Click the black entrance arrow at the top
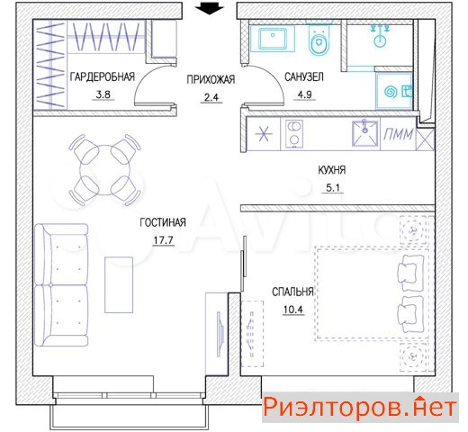coord(209,8)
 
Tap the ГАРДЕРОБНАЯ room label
coord(103,76)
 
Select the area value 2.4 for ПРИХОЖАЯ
coord(211,97)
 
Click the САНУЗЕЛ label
coord(304,77)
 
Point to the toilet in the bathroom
coord(319,40)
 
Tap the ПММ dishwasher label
coord(399,134)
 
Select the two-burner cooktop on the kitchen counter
coord(293,134)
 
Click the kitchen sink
coord(364,133)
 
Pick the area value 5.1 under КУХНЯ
coord(332,188)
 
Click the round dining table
coord(105,170)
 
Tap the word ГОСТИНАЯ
coord(163,222)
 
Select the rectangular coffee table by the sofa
coord(119,284)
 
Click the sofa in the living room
coord(61,284)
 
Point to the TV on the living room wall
coord(220,334)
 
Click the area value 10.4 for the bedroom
coord(293,310)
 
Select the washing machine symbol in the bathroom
coord(394,92)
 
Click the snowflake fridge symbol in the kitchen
coord(264,134)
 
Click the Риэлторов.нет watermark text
coord(360,407)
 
